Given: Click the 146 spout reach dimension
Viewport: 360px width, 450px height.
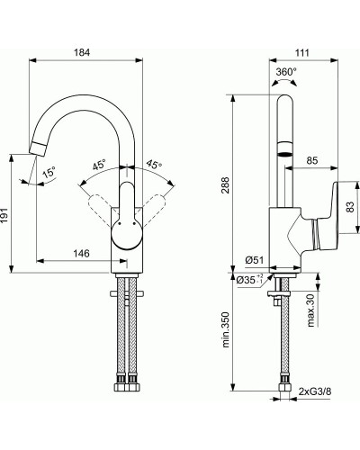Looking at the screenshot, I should (81, 255).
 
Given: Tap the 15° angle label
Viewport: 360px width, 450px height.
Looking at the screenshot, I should (49, 170).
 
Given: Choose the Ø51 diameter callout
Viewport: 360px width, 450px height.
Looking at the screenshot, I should (255, 261).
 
